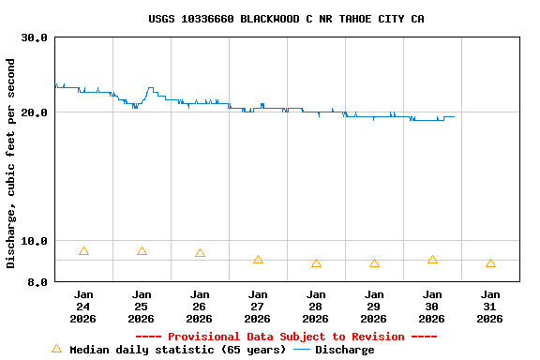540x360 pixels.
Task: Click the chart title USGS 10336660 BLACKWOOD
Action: point(286,19)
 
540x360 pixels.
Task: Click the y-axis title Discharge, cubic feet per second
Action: point(11,163)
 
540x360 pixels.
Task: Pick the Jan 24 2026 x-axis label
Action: point(83,306)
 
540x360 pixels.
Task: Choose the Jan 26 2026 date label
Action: point(200,306)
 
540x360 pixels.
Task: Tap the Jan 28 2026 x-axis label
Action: point(316,306)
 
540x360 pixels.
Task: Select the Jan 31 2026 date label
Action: point(490,306)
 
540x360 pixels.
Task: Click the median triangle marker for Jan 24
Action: point(83,251)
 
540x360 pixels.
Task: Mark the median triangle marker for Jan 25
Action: point(142,251)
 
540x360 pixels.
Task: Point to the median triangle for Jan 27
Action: point(258,260)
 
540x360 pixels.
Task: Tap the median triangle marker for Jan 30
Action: point(432,260)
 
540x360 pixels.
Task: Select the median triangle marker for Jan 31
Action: point(490,263)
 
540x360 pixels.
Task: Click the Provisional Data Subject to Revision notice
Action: point(286,337)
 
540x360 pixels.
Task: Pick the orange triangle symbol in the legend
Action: point(56,349)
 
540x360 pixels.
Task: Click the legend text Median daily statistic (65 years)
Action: point(178,350)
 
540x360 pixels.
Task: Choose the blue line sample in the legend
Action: point(302,350)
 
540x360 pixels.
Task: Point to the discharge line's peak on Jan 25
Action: point(150,88)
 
